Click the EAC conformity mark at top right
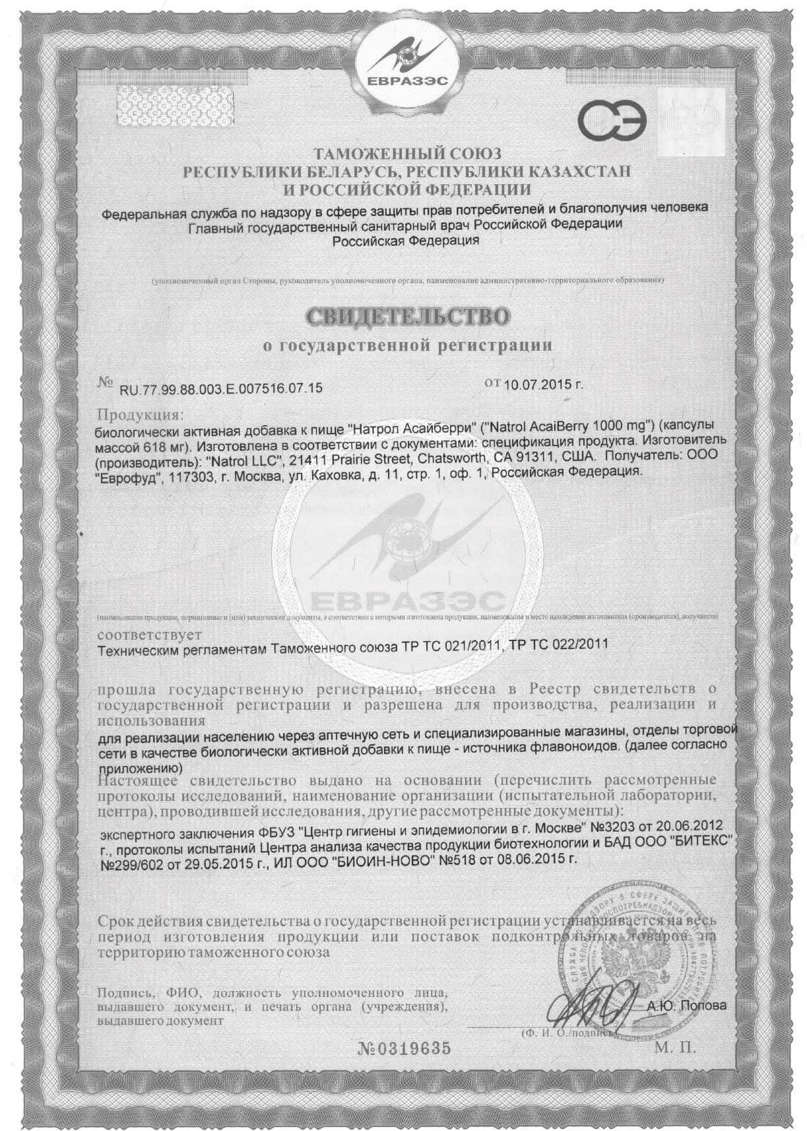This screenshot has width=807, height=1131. pos(612,119)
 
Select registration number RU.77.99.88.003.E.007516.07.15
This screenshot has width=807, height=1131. pos(221,388)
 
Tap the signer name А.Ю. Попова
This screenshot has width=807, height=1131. pos(686,1006)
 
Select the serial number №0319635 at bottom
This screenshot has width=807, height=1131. pos(404,1048)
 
